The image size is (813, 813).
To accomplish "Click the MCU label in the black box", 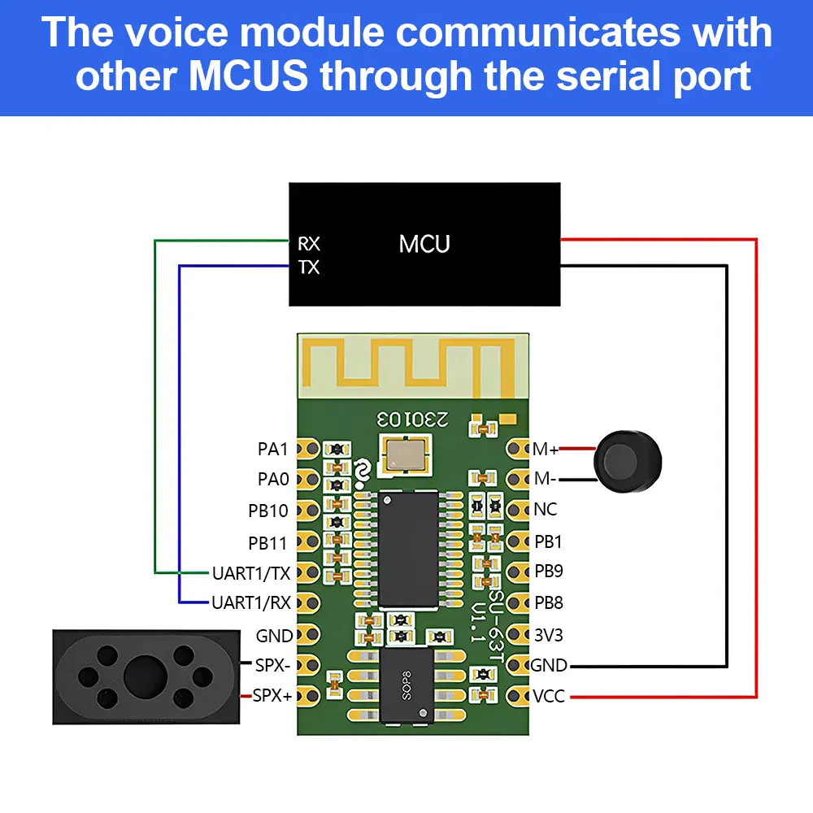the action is (x=424, y=244).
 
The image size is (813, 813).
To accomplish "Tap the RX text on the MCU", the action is (x=309, y=244).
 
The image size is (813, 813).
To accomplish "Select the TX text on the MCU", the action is (x=309, y=267).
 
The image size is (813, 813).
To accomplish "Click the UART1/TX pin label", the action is (x=251, y=573).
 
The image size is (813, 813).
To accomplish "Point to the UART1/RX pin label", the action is (x=251, y=603).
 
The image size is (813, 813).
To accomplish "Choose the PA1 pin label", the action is (x=272, y=449).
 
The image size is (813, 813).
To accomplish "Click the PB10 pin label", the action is (x=268, y=511).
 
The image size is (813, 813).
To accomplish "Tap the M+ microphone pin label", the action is (x=546, y=449).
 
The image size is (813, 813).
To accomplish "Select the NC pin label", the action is (x=546, y=510).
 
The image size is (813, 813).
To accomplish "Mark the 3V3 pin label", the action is (x=549, y=635).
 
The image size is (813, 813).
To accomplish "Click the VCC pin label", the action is (x=549, y=696).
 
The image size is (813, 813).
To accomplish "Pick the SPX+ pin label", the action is (x=272, y=695).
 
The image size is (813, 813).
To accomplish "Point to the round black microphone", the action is (x=628, y=462).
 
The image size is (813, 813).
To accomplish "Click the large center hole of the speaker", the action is (x=146, y=676).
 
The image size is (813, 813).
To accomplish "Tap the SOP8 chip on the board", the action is (x=406, y=685).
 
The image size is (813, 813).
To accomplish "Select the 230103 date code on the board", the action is (x=413, y=419).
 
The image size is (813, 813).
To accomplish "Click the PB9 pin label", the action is (x=549, y=571).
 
